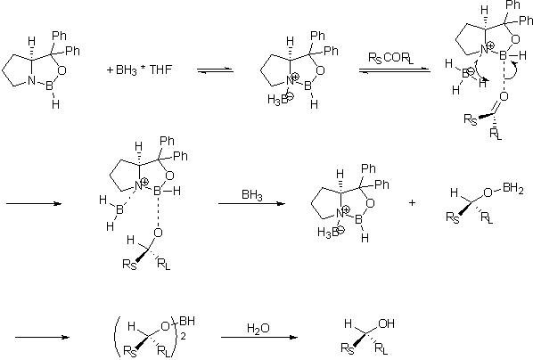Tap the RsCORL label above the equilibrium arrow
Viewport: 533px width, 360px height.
[391, 58]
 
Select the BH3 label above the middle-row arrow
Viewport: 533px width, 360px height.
[252, 195]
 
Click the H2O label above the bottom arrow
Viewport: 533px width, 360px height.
[258, 329]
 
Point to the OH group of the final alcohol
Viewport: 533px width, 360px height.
[386, 323]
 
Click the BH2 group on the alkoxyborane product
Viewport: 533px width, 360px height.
[513, 189]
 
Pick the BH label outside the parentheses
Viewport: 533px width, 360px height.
[187, 321]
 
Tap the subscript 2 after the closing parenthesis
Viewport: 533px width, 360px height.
[184, 337]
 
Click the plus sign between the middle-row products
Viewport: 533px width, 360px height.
[412, 203]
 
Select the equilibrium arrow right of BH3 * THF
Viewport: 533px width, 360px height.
[215, 70]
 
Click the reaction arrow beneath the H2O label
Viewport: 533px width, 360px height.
[259, 337]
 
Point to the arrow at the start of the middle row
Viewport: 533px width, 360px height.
[34, 204]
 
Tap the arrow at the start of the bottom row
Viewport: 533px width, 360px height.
[42, 337]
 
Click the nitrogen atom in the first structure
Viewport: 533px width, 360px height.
[31, 80]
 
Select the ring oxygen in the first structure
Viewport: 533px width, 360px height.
[61, 70]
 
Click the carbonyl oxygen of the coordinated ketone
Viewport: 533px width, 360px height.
[504, 96]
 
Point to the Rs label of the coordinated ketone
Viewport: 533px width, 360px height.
[471, 119]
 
